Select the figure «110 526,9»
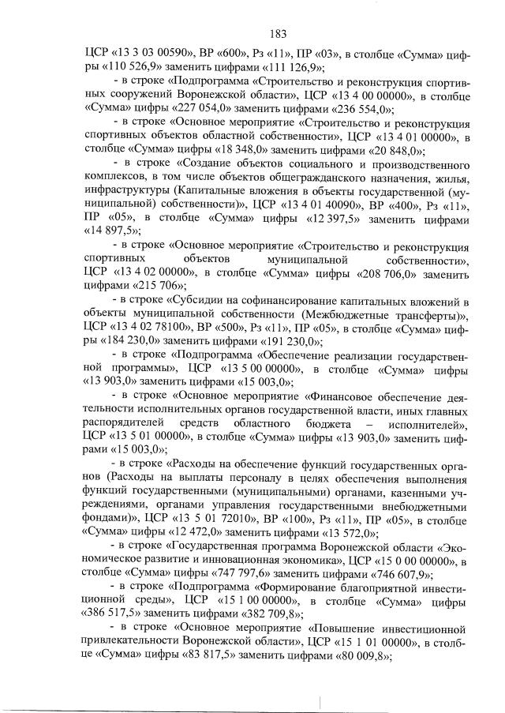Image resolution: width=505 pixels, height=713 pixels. [119, 68]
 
